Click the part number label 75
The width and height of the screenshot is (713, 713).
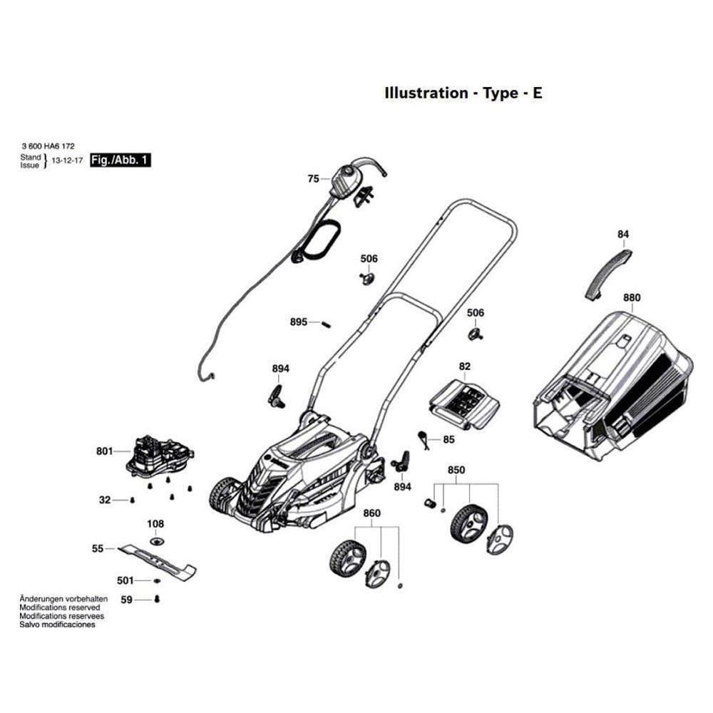pyautogui.click(x=313, y=179)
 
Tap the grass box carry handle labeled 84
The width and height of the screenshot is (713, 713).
pyautogui.click(x=608, y=274)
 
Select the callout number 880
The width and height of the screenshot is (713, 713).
pyautogui.click(x=632, y=297)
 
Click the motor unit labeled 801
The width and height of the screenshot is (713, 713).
pyautogui.click(x=161, y=456)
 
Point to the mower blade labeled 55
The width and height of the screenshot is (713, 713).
pyautogui.click(x=158, y=558)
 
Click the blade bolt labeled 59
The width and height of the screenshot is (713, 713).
pyautogui.click(x=158, y=599)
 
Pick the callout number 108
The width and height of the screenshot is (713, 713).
pyautogui.click(x=155, y=524)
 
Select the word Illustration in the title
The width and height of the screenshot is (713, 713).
pyautogui.click(x=425, y=93)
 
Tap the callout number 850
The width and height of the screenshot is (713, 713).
pyautogui.click(x=456, y=471)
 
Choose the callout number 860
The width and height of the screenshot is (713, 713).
pyautogui.click(x=371, y=513)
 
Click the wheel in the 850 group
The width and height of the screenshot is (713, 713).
pyautogui.click(x=467, y=524)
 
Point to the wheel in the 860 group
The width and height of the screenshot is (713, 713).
pyautogui.click(x=347, y=558)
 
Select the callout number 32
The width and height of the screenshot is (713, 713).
pyautogui.click(x=105, y=500)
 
